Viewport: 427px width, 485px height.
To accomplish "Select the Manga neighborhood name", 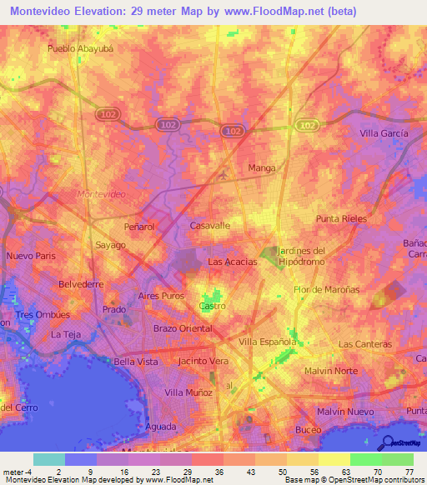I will (x=262, y=167).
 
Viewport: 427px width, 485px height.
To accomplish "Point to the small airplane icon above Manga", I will (x=222, y=176).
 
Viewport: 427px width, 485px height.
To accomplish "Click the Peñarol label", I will (x=141, y=226).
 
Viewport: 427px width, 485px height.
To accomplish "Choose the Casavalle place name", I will (x=210, y=225).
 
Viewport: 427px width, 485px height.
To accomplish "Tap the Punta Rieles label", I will (x=341, y=218).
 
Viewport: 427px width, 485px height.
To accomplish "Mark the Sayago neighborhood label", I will (x=110, y=245).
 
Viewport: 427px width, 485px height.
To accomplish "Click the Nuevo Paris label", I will (x=30, y=256).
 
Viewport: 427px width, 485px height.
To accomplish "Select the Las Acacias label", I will (x=232, y=262).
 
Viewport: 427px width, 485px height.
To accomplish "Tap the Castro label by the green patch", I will (x=212, y=307).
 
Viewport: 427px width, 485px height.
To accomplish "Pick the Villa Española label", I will (x=268, y=342).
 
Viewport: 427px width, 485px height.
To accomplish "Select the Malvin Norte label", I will (x=329, y=370).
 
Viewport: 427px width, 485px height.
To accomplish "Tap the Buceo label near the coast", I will (x=309, y=429).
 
